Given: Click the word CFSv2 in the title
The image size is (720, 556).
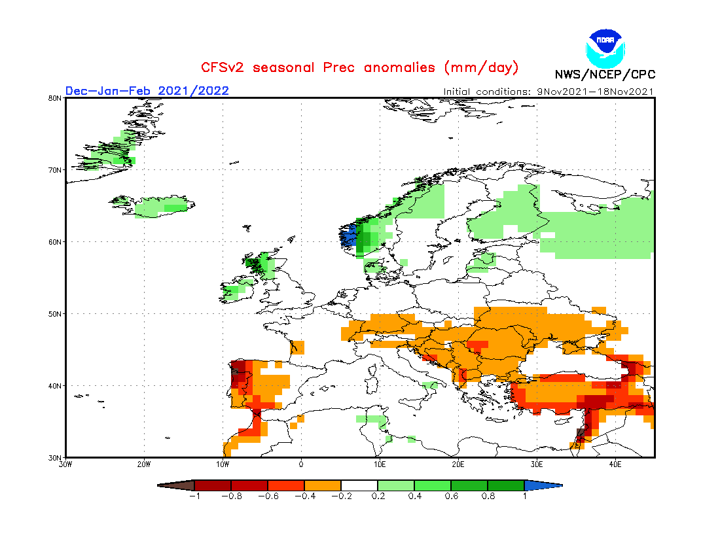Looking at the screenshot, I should click(223, 67).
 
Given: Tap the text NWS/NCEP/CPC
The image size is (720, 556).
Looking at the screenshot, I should click(605, 75).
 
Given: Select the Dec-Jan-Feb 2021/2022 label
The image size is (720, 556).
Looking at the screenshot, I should click(147, 90).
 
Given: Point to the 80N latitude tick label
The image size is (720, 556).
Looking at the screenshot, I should click(55, 98).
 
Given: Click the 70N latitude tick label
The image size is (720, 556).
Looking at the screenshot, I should click(55, 170).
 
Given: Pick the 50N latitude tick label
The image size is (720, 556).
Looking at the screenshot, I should click(55, 314).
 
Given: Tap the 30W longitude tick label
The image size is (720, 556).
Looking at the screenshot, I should click(65, 464).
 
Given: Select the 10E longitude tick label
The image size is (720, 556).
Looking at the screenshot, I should click(380, 464).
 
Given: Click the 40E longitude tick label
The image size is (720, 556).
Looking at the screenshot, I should click(615, 464).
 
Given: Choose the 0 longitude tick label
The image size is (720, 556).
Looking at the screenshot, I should click(301, 464).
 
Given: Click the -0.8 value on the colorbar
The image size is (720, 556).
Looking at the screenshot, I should click(231, 496).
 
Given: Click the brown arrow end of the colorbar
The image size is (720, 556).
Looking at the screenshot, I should click(177, 485).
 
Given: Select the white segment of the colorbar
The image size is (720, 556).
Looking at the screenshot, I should click(359, 485).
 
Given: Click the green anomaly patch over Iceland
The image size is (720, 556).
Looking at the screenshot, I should click(160, 207).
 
